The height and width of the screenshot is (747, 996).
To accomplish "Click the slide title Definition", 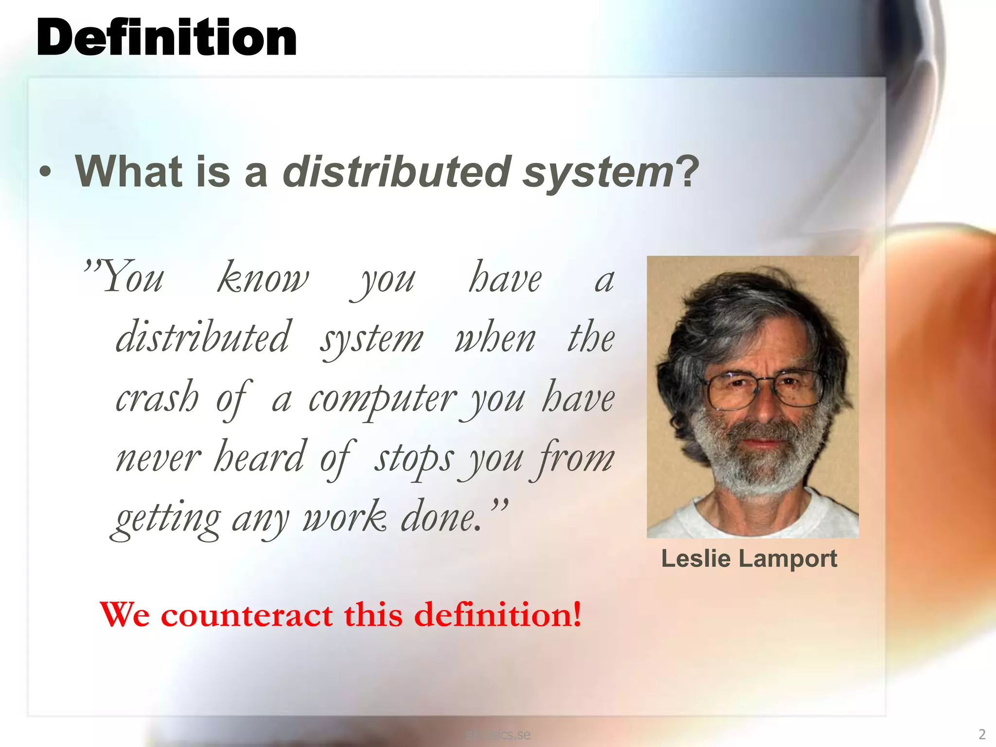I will point(166,38).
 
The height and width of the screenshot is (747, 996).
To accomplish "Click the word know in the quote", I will point(263,279).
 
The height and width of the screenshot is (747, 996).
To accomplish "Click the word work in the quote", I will point(345,517).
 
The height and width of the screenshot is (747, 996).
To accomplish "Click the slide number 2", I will point(982,734).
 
